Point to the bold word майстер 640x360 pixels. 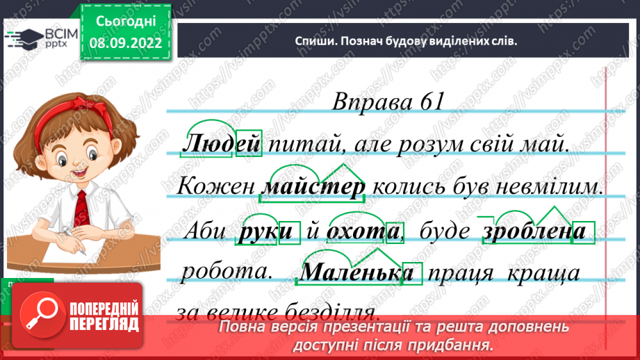click(315, 188)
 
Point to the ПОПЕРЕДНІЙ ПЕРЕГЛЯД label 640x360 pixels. click(105, 316)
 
